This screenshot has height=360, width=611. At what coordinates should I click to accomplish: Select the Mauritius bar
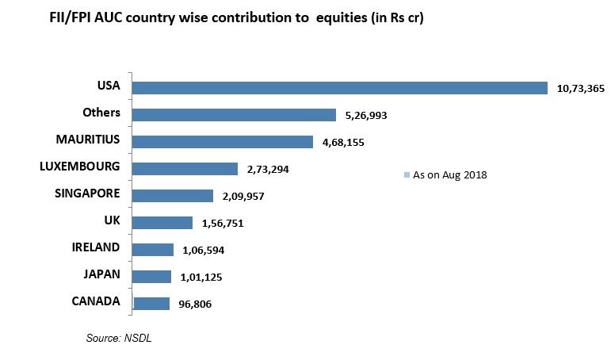coord(223,142)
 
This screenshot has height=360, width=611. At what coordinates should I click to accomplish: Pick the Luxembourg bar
coord(185,169)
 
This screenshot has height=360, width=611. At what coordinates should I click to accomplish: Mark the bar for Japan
coord(151,277)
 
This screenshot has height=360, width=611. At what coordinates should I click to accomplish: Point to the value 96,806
coord(193,304)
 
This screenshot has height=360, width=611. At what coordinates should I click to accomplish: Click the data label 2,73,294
coord(267,170)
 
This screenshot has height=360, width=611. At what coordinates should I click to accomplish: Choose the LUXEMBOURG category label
coord(79,167)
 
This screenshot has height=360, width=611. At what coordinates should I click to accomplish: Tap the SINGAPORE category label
coord(87,193)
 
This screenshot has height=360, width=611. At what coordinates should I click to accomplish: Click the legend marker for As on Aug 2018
coord(407,174)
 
